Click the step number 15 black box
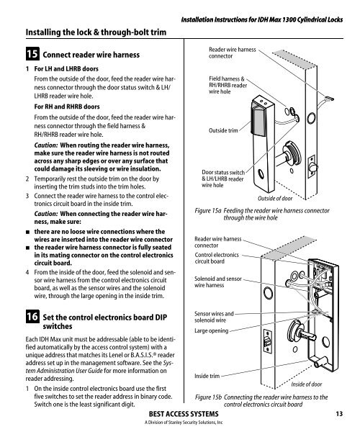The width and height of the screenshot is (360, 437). coord(32,54)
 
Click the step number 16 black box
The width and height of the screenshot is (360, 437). coord(32,316)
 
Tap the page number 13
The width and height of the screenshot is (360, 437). coord(339,414)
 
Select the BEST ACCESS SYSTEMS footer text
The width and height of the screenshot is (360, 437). coord(184,414)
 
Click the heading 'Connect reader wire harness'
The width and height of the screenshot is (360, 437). coord(91,55)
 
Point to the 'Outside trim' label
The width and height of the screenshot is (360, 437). coord(223,130)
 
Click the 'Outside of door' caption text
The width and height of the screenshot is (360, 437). coord(275,199)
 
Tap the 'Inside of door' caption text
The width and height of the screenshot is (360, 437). coord(307,384)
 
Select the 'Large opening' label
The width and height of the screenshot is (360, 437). coord(211,331)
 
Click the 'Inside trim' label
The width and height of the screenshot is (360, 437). coord(207,376)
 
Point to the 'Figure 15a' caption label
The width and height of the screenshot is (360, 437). coord(208,211)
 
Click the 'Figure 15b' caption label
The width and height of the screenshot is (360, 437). coord(208,397)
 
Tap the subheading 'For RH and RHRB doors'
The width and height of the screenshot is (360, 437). coord(67,107)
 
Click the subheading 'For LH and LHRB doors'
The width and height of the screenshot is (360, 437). coord(66,69)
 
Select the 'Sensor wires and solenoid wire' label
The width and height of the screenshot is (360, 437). coord(214,317)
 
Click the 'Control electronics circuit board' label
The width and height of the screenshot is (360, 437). coord(217,258)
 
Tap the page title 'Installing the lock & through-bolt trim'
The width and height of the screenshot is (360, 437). coord(96,32)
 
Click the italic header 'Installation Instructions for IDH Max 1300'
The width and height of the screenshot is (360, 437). coord(262,19)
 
